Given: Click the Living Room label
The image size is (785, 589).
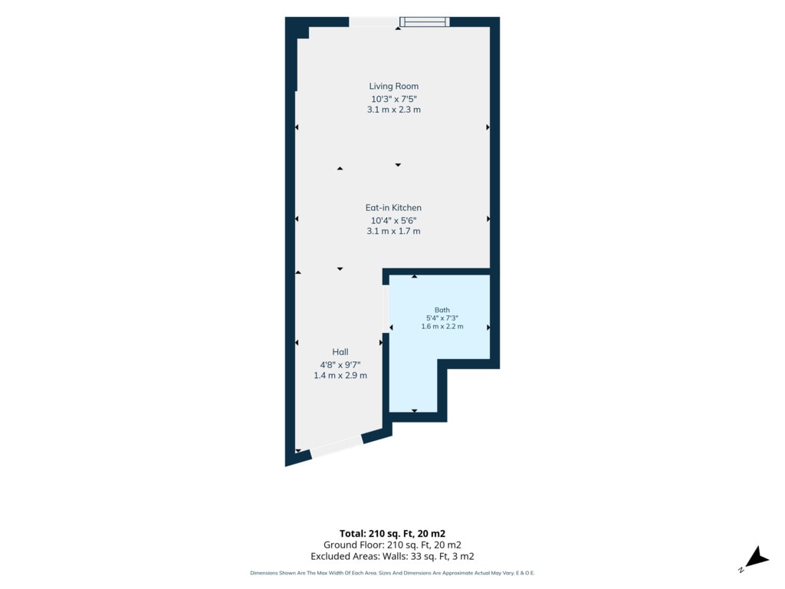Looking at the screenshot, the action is click(x=393, y=86).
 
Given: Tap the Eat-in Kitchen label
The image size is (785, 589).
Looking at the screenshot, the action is click(x=393, y=207).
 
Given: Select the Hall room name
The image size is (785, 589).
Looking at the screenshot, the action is click(x=340, y=351).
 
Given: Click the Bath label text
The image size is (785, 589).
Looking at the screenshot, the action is click(x=442, y=310).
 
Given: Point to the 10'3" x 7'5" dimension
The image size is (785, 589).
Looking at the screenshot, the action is click(x=393, y=99).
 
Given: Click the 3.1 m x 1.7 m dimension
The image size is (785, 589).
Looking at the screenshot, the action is click(x=393, y=231).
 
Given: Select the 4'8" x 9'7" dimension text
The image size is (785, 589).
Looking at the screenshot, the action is click(x=340, y=364).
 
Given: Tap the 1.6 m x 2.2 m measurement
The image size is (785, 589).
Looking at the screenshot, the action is click(x=442, y=326).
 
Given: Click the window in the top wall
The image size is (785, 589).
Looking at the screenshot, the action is click(x=425, y=21).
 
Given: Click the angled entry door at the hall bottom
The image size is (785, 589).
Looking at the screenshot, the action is click(x=337, y=446).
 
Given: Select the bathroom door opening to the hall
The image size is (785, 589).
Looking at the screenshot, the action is click(x=386, y=309).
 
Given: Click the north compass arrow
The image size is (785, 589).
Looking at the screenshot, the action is click(x=757, y=558).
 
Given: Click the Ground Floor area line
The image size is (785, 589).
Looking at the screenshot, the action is click(x=392, y=545).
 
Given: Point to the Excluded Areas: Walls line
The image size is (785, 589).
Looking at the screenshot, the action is click(x=392, y=556).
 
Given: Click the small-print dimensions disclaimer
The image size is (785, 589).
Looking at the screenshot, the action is click(x=392, y=573).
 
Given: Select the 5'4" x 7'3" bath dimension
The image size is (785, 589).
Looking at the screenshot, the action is click(x=442, y=318).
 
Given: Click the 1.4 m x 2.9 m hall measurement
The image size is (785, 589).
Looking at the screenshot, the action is click(x=340, y=375).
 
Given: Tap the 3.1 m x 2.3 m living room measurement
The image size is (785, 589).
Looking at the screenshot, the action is click(x=393, y=109).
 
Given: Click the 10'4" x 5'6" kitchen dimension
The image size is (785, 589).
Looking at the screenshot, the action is click(x=393, y=220).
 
